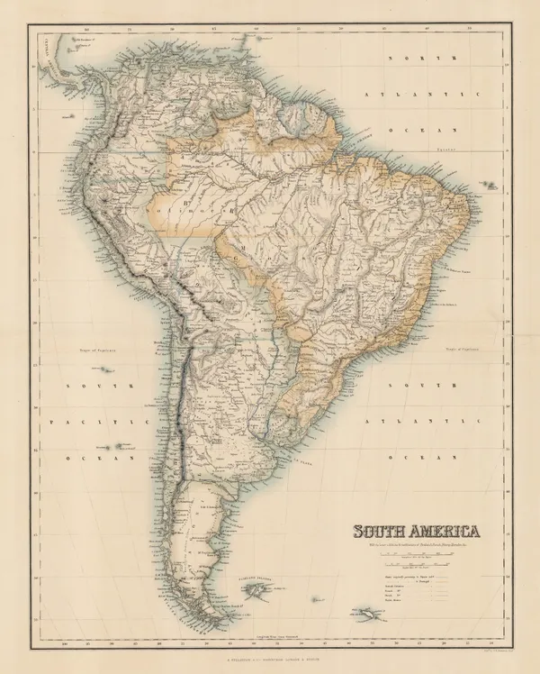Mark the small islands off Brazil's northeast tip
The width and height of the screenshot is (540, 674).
tap(491, 184)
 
